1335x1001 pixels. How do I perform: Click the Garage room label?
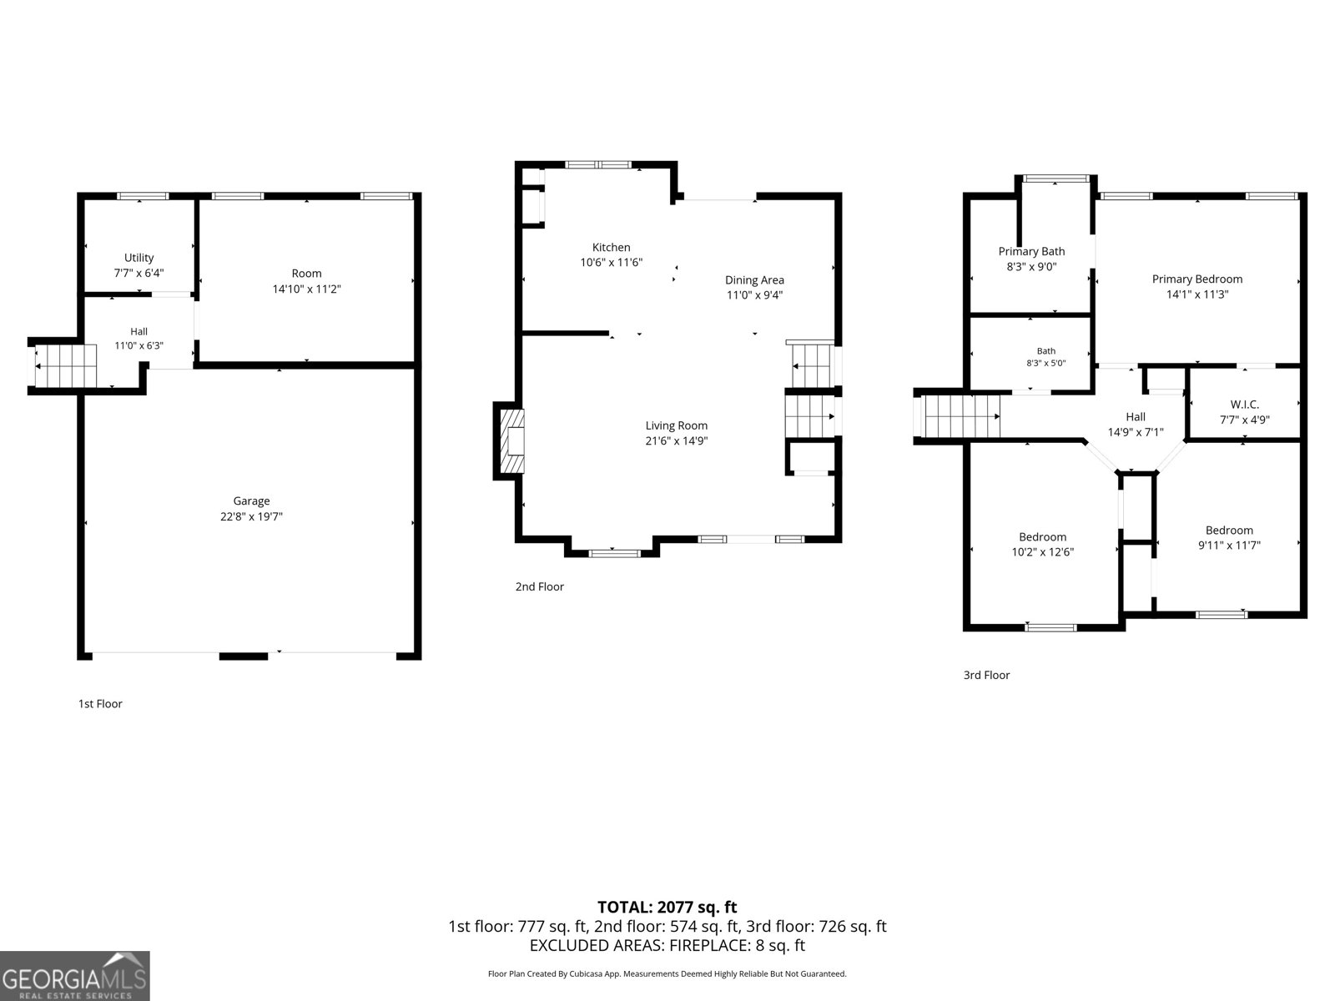coord(251,500)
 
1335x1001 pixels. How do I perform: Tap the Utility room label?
coord(139,258)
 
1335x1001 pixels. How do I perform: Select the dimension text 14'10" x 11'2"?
coord(306,289)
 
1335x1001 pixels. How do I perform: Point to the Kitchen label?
coord(612,248)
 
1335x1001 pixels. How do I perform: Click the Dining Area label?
coord(754,280)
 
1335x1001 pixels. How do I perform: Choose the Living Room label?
coord(677,425)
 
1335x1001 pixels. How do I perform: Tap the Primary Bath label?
coord(1031,251)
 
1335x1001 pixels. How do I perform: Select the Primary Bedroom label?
coord(1197,279)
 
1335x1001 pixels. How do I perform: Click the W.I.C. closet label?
coord(1244,405)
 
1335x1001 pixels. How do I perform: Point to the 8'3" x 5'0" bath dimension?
coord(1046,363)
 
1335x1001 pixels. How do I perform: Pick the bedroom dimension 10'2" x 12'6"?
coord(1042,552)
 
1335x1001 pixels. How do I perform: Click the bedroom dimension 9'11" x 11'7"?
coord(1229,546)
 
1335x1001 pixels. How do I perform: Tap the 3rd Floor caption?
coord(986,675)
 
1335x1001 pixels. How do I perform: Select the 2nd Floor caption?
coord(540,586)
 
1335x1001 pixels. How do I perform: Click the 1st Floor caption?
coord(100,704)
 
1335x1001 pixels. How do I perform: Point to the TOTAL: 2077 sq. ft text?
coord(667,907)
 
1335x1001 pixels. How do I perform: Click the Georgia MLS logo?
coord(75,976)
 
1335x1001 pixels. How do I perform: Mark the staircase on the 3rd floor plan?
coord(957,416)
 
